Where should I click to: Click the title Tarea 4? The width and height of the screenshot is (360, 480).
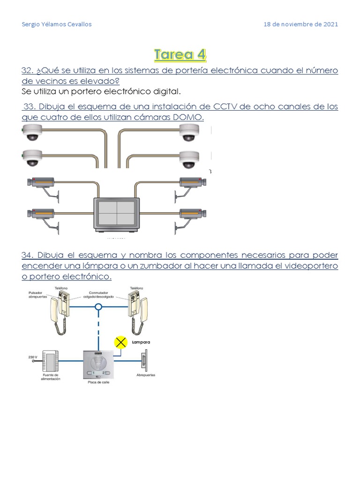tap(180, 54)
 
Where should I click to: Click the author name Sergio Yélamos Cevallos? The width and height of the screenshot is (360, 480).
tap(57, 24)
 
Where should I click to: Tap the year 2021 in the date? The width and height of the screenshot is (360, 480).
tap(330, 24)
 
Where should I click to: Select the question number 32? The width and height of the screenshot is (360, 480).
tap(27, 70)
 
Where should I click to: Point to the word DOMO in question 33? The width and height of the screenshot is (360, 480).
tap(188, 117)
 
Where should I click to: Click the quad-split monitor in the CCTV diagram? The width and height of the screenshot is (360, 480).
tap(116, 213)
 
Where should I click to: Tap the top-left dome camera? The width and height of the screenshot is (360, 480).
tap(32, 133)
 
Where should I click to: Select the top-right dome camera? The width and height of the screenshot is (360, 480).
tap(189, 133)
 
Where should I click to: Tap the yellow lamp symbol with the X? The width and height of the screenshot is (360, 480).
tap(121, 343)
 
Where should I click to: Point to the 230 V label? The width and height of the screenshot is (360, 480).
tap(32, 357)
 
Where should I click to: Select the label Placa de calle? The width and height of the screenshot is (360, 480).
tap(98, 382)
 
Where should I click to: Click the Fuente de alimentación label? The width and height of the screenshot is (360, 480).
tap(50, 377)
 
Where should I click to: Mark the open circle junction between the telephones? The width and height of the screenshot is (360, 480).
tap(98, 308)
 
